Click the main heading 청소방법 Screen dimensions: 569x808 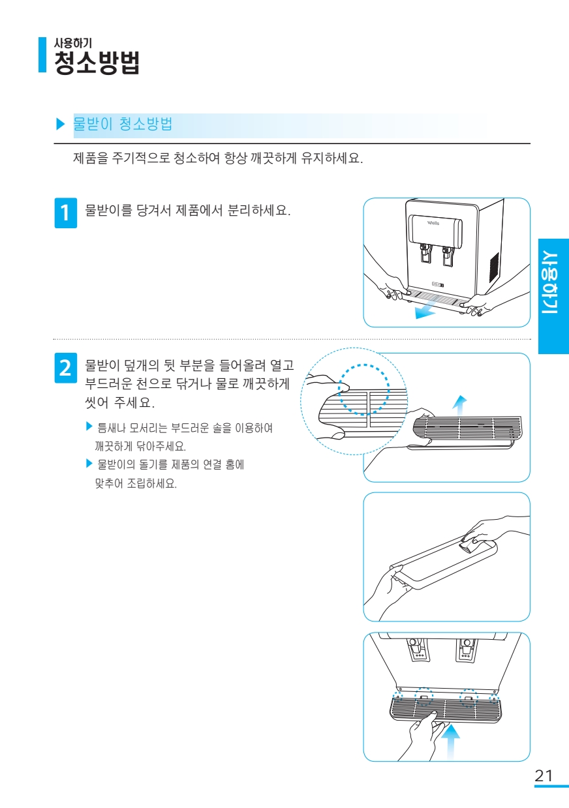coord(97,63)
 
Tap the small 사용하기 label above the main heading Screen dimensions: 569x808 coord(73,43)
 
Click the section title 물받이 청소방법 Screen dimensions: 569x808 coord(123,124)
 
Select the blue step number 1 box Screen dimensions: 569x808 coord(66,213)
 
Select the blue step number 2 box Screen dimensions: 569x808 coord(66,368)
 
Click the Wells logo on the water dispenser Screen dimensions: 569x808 coord(433,223)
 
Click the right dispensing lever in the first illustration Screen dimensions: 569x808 coord(448,256)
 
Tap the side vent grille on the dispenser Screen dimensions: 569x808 coord(494,267)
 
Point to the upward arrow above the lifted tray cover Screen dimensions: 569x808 coord(459,406)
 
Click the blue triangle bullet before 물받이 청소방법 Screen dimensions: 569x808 coord(60,124)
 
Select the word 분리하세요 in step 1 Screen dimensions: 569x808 coord(259,210)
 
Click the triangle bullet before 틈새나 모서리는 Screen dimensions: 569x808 coord(89,426)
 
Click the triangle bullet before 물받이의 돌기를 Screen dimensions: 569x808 coord(89,463)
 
